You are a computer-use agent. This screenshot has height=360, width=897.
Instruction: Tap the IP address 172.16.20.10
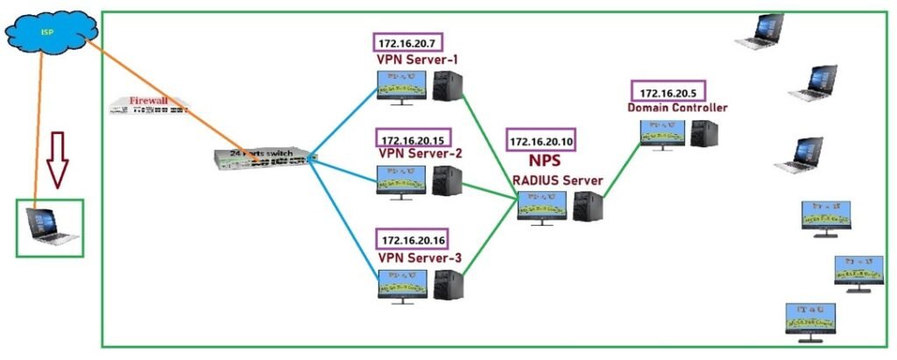541,141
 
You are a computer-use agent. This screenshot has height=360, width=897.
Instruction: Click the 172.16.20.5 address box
668,92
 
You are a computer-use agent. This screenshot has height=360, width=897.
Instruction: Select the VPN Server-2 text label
420,154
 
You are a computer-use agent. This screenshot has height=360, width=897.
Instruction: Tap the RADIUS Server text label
558,180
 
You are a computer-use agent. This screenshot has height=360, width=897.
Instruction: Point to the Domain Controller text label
677,108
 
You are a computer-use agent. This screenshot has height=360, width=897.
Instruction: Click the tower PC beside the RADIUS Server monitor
589,208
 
